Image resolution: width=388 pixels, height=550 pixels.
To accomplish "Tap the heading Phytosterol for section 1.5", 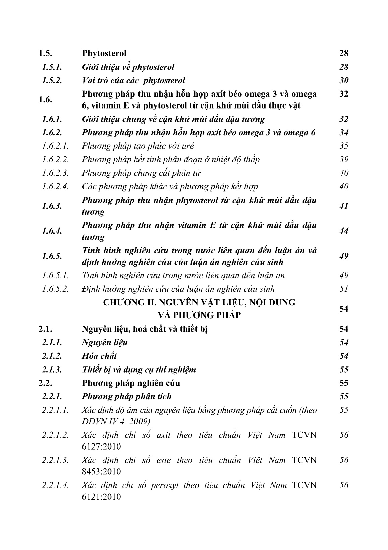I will [x=104, y=53].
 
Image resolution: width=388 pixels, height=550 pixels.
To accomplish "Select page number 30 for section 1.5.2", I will [x=344, y=80].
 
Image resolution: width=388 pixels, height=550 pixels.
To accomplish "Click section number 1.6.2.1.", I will [x=56, y=146].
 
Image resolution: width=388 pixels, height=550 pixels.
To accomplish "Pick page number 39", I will [x=344, y=160].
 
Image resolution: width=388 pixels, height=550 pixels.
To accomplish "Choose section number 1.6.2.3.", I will [x=56, y=173].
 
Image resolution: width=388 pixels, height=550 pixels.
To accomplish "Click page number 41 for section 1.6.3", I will [x=344, y=206].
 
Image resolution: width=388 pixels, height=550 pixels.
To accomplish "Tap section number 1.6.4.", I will [x=52, y=231].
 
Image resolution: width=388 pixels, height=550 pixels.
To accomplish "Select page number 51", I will [x=344, y=289].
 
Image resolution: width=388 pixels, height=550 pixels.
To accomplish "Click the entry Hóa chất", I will [x=99, y=356].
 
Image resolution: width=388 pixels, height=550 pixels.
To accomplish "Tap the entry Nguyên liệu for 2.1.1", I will [x=105, y=343].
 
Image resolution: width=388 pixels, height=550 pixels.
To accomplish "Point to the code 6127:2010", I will [x=101, y=447].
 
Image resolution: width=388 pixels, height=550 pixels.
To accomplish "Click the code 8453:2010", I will [x=101, y=472].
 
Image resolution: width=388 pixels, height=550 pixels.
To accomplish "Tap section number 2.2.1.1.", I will [x=56, y=410].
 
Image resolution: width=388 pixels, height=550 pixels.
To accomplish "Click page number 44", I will [x=344, y=231].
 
